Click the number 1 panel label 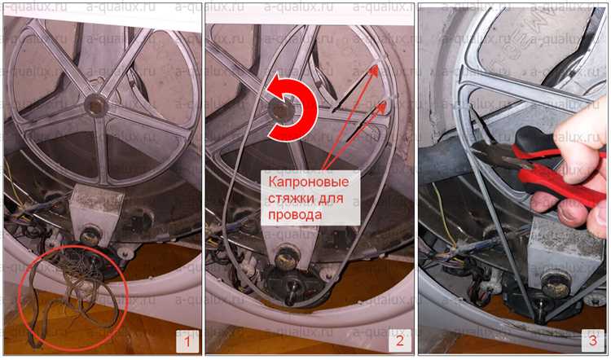[x=187, y=341]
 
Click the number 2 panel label [x=400, y=341]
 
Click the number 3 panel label [x=593, y=340]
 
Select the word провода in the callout [x=295, y=214]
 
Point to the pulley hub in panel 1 [x=96, y=105]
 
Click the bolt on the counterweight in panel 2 [x=287, y=258]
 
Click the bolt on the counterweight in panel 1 [x=90, y=235]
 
